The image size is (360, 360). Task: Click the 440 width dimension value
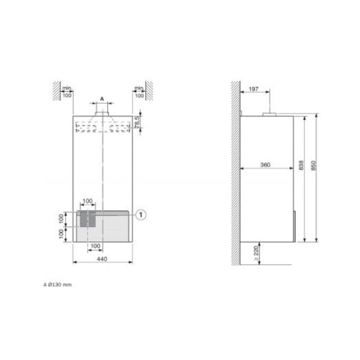(102, 259)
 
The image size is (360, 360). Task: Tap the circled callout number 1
(141, 215)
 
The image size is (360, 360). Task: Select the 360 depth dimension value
(265, 165)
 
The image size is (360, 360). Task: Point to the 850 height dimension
(313, 166)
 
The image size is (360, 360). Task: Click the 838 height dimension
(301, 166)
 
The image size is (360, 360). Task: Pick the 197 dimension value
(254, 89)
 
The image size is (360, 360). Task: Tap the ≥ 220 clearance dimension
(256, 253)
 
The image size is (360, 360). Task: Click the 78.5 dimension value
(137, 122)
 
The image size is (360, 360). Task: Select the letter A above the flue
(102, 99)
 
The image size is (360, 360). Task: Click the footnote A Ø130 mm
(58, 284)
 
